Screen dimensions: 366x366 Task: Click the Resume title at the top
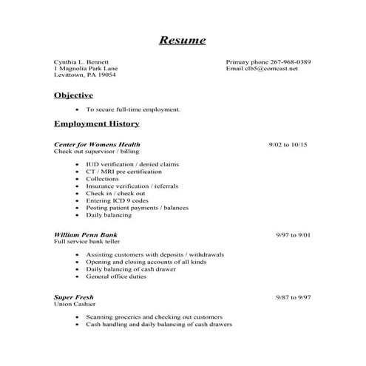pyautogui.click(x=183, y=40)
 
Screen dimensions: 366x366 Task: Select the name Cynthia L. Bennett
pyautogui.click(x=81, y=61)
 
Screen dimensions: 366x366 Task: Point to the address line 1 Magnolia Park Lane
pyautogui.click(x=84, y=69)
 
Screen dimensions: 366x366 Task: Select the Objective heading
pyautogui.click(x=73, y=95)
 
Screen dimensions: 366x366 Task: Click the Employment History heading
pyautogui.click(x=96, y=123)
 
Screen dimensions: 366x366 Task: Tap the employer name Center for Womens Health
pyautogui.click(x=97, y=144)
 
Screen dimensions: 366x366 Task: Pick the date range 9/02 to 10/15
pyautogui.click(x=288, y=144)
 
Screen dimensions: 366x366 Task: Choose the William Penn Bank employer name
pyautogui.click(x=85, y=234)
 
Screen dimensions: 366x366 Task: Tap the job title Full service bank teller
pyautogui.click(x=87, y=242)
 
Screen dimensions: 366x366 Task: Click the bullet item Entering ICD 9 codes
pyautogui.click(x=116, y=200)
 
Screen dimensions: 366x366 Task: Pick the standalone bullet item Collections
pyautogui.click(x=102, y=178)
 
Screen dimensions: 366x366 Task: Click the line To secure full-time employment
pyautogui.click(x=132, y=109)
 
